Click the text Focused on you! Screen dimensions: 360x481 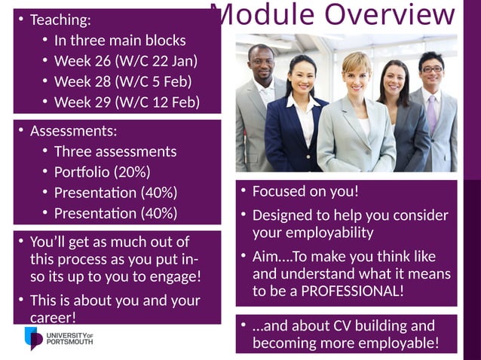tap(305, 191)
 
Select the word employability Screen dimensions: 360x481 tap(313, 233)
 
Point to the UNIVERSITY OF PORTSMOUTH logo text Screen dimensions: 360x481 tap(69, 338)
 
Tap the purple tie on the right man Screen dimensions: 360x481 tap(432, 113)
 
